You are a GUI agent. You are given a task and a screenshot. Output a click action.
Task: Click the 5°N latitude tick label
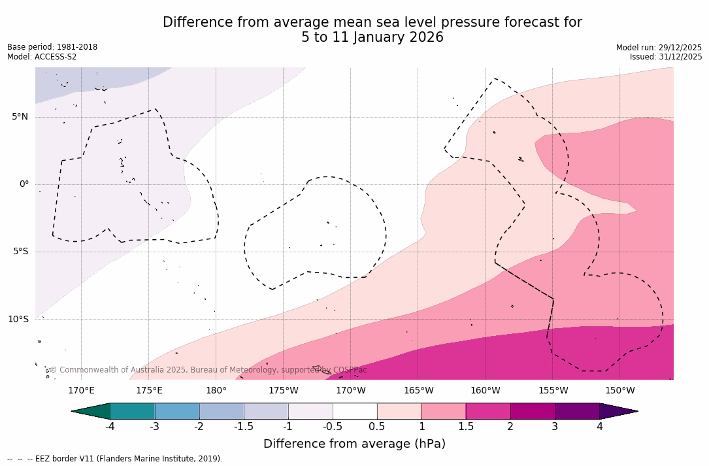[20, 117]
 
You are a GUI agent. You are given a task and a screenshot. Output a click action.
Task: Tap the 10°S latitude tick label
[18, 320]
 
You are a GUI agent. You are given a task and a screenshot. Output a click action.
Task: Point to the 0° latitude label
[24, 184]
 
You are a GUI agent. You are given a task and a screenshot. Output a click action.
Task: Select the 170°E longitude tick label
[81, 391]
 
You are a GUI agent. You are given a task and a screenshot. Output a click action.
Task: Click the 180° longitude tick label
[216, 391]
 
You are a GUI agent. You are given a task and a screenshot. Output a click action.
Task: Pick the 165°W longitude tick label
[418, 391]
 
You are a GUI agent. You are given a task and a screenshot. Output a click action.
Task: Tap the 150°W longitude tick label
[619, 391]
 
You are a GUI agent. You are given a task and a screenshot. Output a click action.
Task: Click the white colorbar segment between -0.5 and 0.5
[355, 411]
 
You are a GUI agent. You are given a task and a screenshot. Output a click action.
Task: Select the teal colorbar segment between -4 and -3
[133, 411]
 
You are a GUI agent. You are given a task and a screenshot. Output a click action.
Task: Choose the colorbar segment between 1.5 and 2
[488, 411]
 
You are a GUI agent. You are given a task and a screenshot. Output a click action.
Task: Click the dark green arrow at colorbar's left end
[91, 411]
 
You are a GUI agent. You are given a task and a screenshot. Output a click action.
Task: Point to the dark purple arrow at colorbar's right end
[618, 411]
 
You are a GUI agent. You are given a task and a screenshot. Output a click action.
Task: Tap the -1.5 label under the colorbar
[244, 427]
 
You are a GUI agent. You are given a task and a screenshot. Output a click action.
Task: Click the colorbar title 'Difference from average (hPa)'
[354, 444]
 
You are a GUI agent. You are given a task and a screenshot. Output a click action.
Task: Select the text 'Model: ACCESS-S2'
[42, 57]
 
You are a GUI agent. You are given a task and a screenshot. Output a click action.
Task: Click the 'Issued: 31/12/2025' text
[666, 57]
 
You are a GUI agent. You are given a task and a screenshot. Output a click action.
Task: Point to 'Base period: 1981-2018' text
[52, 47]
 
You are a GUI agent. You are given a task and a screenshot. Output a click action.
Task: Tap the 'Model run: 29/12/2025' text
[659, 48]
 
